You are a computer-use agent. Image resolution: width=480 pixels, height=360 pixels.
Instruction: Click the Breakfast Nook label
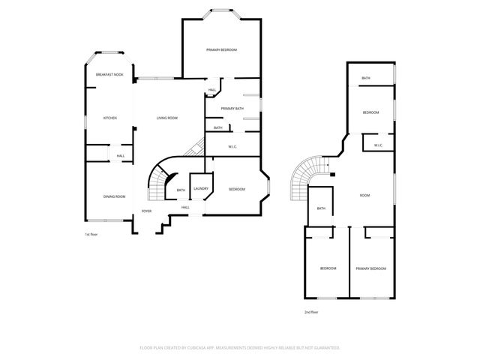pos(109,76)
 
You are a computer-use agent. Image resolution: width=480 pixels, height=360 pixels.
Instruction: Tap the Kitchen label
pos(109,118)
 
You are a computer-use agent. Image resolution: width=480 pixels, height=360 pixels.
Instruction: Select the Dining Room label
pos(114,196)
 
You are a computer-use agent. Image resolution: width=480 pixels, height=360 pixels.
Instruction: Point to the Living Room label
pos(166,118)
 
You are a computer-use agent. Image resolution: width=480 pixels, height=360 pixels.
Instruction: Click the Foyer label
pos(147,211)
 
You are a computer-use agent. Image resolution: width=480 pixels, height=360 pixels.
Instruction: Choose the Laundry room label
pos(200,189)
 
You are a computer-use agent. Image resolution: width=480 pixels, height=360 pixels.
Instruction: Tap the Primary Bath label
pos(232,109)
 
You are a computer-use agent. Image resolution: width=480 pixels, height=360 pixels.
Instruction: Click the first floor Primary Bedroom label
pos(221,49)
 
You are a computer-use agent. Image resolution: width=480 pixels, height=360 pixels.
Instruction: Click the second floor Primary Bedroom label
pos(370,268)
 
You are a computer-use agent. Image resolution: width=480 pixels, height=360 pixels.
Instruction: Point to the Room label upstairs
pos(364,196)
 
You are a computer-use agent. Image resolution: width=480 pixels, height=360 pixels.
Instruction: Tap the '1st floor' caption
pos(91,235)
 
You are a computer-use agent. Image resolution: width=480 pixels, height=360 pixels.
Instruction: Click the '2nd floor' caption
pos(311,311)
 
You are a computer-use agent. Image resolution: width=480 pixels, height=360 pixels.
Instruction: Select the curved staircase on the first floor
pos(158,181)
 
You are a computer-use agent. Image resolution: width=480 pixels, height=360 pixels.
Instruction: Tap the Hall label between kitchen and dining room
pos(120,155)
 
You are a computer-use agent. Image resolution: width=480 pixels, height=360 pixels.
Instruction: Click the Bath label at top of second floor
pos(365,78)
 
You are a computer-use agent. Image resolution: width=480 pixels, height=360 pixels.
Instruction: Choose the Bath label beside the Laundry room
pos(181,190)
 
